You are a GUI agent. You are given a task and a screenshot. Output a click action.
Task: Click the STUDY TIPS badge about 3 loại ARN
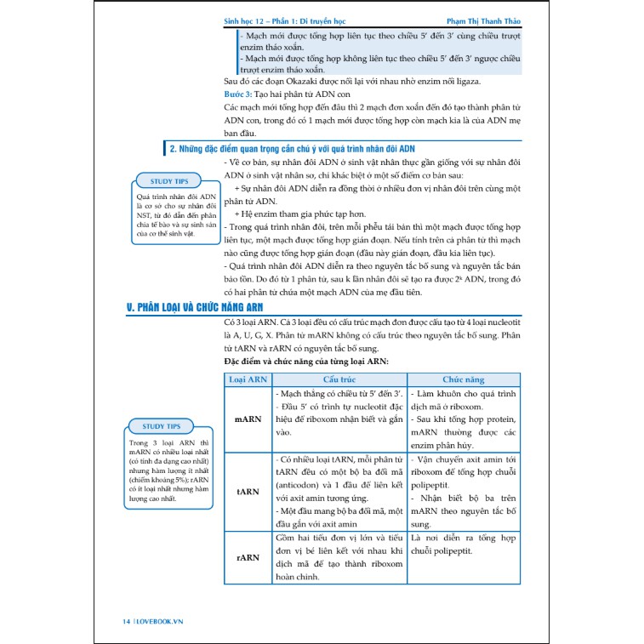162,425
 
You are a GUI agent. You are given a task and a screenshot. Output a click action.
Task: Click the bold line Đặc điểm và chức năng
306,362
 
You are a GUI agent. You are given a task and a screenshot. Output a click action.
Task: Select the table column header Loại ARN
248,379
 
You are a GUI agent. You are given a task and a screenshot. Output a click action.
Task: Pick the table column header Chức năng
464,379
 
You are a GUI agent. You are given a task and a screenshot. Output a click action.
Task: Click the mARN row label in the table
248,419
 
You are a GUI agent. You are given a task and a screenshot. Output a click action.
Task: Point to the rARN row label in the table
248,557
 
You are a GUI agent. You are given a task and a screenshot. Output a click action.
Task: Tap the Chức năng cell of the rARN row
464,545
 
